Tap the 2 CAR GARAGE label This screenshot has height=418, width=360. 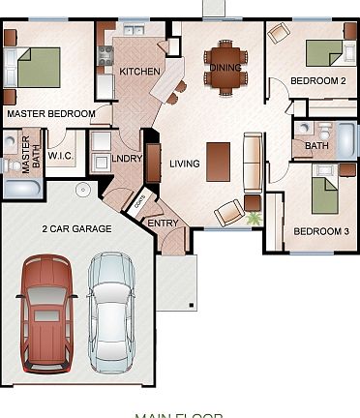76,229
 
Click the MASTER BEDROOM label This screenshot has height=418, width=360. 50,114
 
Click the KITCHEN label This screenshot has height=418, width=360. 138,73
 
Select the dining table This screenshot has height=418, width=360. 225,65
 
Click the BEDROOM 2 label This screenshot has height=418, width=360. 318,80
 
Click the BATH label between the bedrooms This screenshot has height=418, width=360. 316,146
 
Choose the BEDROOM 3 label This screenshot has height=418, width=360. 318,231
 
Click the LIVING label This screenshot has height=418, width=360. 184,164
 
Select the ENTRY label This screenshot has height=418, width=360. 162,224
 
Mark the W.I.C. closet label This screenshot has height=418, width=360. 61,158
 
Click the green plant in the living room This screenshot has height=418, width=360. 255,219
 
